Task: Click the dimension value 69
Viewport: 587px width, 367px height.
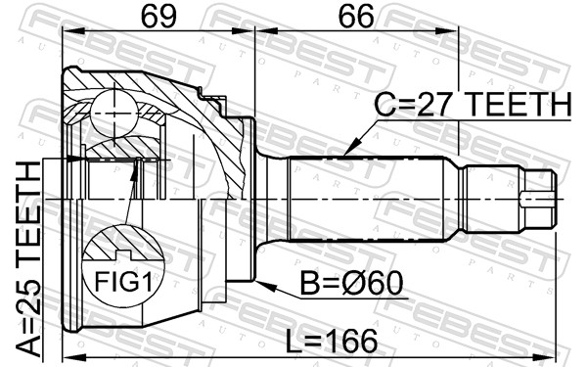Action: [158, 17]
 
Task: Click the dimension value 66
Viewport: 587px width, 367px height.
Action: [356, 17]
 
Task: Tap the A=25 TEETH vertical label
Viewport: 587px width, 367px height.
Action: [29, 258]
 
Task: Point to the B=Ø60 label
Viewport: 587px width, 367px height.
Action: [351, 284]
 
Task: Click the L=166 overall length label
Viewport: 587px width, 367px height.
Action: [332, 341]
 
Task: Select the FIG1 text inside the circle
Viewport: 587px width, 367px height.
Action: [123, 282]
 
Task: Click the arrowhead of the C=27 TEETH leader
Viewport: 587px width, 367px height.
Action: [351, 147]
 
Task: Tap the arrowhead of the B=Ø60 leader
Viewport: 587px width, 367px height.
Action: [265, 286]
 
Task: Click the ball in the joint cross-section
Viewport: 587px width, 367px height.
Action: [114, 114]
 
